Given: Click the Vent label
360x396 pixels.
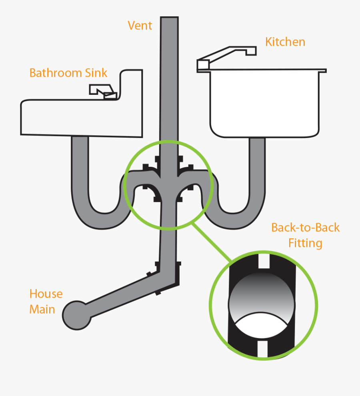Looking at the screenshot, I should pyautogui.click(x=140, y=26).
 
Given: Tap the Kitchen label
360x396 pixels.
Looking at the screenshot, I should pyautogui.click(x=285, y=42).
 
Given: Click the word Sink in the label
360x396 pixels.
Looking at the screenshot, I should pyautogui.click(x=96, y=73).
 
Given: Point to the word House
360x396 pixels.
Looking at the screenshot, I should pyautogui.click(x=46, y=294).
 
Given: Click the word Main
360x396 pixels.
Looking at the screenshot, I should pyautogui.click(x=42, y=310).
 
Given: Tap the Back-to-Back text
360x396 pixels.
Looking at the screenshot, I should pyautogui.click(x=305, y=228).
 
